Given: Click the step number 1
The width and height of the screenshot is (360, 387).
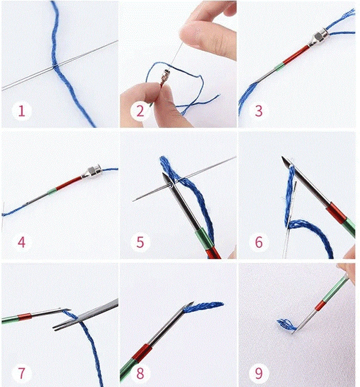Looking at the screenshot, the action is click(22, 111).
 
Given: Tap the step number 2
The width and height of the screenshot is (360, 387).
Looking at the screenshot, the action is click(140, 111).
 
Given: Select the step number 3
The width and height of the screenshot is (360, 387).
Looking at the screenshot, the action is click(259, 111).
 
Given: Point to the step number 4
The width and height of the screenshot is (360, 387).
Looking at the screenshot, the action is click(22, 242).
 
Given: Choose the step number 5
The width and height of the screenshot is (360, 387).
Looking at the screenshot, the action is click(140, 242).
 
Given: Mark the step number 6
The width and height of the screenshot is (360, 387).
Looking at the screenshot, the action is click(259, 242).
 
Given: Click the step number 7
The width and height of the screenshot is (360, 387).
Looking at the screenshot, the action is click(22, 373).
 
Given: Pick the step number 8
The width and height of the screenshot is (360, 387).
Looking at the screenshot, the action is click(140, 373).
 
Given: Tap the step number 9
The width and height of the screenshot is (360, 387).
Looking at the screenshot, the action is click(259, 373).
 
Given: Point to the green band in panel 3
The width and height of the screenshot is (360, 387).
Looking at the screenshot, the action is click(279, 67).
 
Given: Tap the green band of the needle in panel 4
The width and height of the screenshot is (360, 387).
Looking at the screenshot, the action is click(52, 191).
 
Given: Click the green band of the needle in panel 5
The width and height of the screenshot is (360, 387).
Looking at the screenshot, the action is click(204, 238).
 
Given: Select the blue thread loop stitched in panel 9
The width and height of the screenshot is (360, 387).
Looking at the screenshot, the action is click(287, 325).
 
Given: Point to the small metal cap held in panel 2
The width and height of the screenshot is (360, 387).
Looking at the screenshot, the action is click(164, 77).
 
